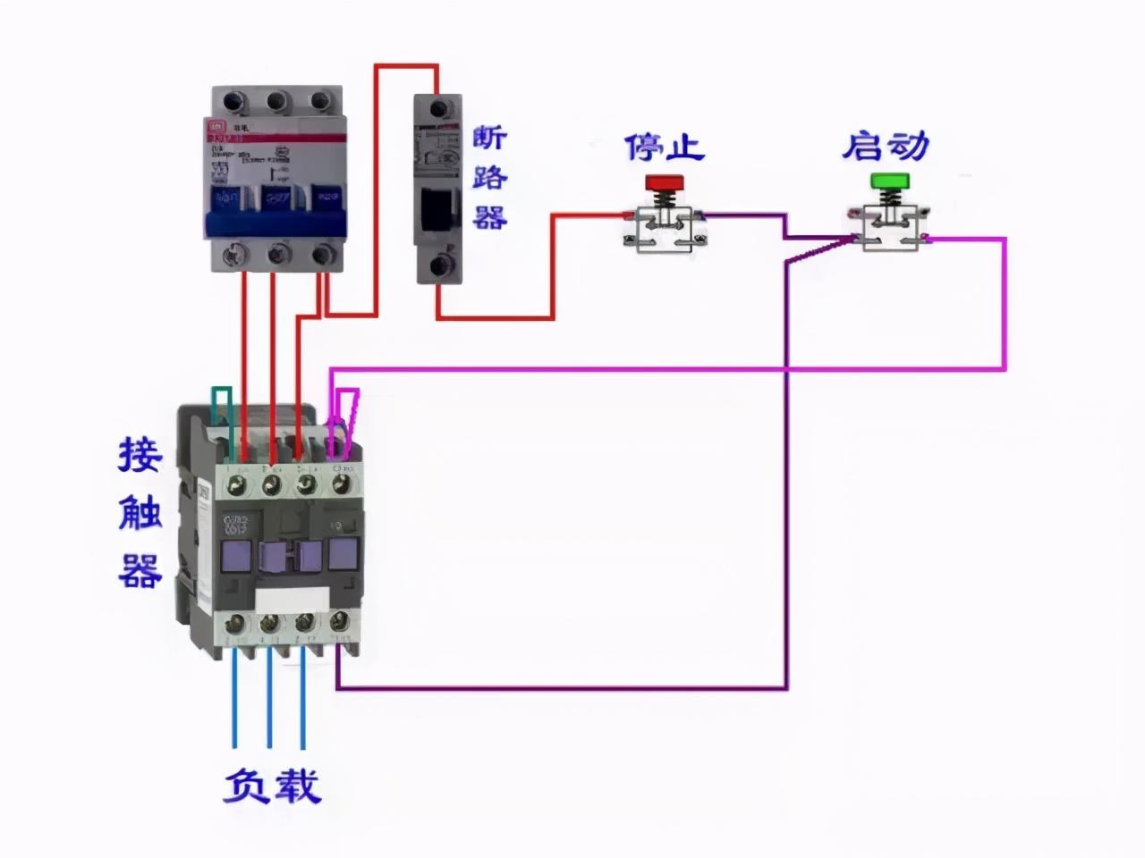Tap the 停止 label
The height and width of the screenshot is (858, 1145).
click(664, 147)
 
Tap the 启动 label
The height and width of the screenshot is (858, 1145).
click(885, 147)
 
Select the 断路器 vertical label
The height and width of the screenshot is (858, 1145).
click(490, 177)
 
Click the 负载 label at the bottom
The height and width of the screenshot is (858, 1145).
click(271, 786)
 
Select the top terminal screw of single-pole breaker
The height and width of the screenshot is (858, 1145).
click(438, 109)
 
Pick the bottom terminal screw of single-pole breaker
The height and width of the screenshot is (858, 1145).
click(438, 265)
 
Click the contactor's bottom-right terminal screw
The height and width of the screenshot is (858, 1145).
click(340, 621)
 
